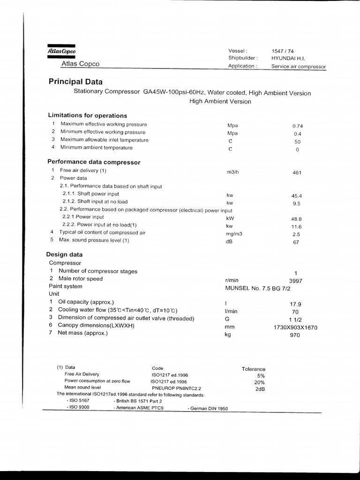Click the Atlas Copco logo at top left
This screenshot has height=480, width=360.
[x=61, y=51]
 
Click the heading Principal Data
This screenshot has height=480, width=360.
[x=75, y=82]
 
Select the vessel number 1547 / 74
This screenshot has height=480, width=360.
[x=283, y=51]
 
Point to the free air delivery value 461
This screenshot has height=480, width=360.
[x=296, y=172]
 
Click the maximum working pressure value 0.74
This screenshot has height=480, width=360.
[x=297, y=126]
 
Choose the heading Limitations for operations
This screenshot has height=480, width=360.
[x=87, y=115]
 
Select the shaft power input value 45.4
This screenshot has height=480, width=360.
[x=296, y=196]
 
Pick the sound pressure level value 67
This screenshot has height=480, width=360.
[x=296, y=242]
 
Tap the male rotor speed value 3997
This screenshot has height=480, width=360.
[x=295, y=280]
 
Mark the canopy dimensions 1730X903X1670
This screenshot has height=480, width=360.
[x=295, y=328]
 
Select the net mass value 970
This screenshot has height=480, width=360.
[x=295, y=335]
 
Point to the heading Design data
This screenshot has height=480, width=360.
[x=64, y=255]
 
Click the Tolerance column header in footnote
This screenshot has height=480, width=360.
[x=253, y=369]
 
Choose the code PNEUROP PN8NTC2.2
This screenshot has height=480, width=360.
[x=176, y=388]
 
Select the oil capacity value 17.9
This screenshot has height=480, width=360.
[x=295, y=304]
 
